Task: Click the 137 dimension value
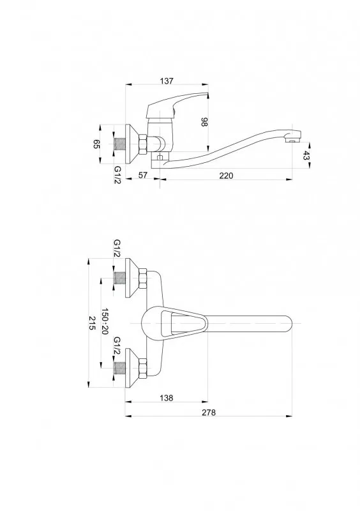(167, 81)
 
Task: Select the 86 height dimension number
(205, 122)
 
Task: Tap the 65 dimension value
(96, 144)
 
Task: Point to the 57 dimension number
(143, 175)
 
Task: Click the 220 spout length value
(226, 176)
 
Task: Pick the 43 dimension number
(306, 156)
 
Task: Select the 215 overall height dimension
(93, 323)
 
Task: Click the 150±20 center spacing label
(105, 322)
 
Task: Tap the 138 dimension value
(166, 398)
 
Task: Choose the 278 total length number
(209, 412)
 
